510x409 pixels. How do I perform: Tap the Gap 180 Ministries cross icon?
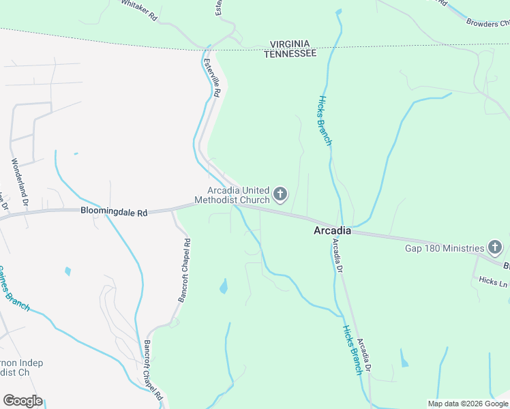[x=496, y=248]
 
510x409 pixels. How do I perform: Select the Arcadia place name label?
[x=332, y=231]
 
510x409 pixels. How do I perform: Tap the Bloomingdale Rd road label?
[x=114, y=212]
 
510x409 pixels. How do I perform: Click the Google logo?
[x=22, y=401]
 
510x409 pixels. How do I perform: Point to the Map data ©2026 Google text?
[x=467, y=404]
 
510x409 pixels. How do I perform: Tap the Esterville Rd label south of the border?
[x=212, y=77]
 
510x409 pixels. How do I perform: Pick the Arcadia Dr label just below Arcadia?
[x=337, y=256]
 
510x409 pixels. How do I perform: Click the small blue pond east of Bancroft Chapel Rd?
[x=224, y=286]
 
